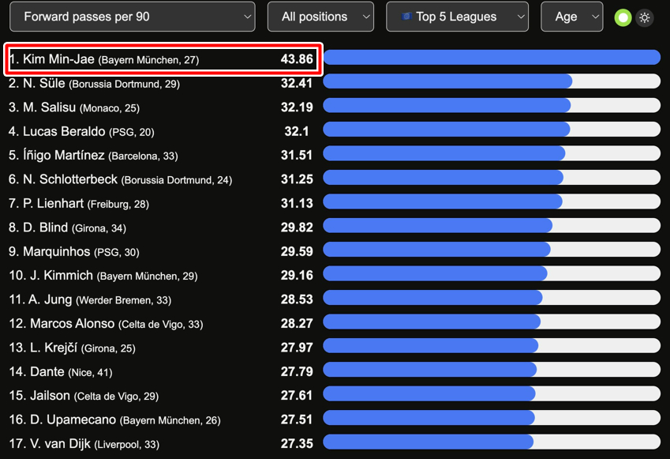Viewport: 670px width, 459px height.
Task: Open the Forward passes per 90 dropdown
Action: [132, 17]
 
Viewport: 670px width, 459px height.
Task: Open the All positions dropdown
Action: [320, 17]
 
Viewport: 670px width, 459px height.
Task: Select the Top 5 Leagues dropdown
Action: [457, 17]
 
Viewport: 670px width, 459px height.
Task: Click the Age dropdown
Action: [571, 17]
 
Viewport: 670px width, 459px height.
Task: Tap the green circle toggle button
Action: [623, 17]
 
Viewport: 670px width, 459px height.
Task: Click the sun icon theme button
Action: [645, 17]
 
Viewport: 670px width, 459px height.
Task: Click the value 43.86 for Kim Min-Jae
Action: [297, 59]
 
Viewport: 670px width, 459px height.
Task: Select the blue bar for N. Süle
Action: [447, 81]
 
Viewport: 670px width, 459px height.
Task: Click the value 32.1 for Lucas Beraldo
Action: [297, 132]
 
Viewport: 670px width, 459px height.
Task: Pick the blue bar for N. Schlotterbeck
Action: [444, 178]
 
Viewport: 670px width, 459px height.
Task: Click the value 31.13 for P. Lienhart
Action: [297, 204]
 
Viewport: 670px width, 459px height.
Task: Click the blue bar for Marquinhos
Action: [436, 250]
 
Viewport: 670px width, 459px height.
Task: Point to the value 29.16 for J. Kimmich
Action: [297, 276]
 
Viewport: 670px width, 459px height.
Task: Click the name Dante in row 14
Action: [47, 371]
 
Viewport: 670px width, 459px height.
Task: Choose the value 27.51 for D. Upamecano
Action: [297, 419]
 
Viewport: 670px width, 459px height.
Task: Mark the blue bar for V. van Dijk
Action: [429, 442]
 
